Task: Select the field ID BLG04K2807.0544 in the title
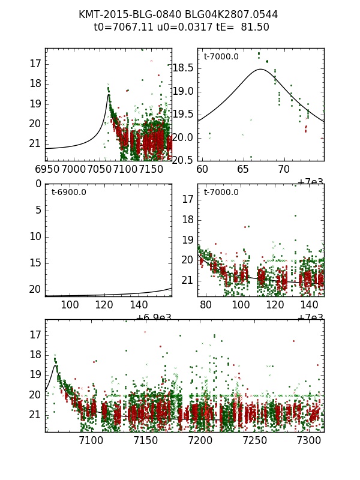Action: (223, 14)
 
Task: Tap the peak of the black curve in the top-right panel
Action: (260, 69)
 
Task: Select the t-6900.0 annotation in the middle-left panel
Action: (68, 193)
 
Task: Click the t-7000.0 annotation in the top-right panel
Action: (221, 57)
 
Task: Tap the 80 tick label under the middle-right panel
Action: (206, 305)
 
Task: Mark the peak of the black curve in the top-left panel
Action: (109, 94)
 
